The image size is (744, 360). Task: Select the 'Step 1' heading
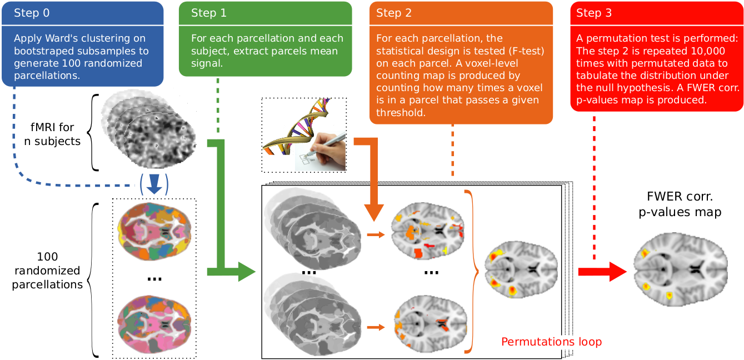point(209,13)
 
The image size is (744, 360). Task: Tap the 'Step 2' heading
point(394,13)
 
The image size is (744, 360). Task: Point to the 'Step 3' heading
point(594,13)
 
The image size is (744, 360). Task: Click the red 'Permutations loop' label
point(551,342)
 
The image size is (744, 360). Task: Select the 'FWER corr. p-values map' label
point(684,204)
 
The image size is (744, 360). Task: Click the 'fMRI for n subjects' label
point(52,134)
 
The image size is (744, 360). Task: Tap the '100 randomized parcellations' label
point(46,271)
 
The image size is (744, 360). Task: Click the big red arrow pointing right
point(602,272)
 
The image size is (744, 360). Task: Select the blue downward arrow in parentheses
point(154,184)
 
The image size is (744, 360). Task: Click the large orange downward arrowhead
point(374,211)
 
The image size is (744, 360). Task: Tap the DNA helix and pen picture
point(304,134)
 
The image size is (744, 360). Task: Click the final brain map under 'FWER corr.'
point(681,271)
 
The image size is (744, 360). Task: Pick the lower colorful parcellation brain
point(154,326)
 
